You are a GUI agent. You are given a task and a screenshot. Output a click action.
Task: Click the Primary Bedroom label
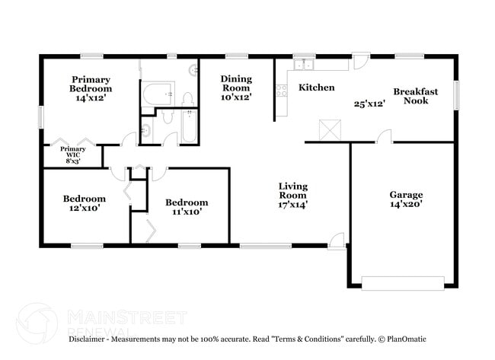pyautogui.click(x=91, y=88)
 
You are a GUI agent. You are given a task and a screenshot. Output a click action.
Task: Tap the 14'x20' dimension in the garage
pyautogui.click(x=406, y=204)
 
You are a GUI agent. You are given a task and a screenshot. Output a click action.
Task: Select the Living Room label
pyautogui.click(x=293, y=195)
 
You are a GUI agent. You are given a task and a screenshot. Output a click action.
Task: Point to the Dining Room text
pyautogui.click(x=236, y=88)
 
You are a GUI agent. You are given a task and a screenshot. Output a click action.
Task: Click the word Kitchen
pyautogui.click(x=316, y=88)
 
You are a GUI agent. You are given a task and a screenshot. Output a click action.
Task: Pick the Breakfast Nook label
pyautogui.click(x=415, y=96)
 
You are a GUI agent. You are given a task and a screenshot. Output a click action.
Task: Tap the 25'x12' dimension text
pyautogui.click(x=369, y=104)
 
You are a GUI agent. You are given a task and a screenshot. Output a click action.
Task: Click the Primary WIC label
pyautogui.click(x=73, y=155)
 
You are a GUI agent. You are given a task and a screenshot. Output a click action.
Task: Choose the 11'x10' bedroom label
pyautogui.click(x=187, y=207)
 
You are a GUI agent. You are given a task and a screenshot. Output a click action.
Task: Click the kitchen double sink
pyautogui.click(x=304, y=63)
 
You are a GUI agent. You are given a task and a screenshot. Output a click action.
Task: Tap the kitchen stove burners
pyautogui.click(x=282, y=91)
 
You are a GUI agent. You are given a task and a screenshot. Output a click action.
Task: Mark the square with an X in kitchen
pyautogui.click(x=329, y=129)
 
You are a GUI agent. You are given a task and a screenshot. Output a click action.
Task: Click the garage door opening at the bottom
pyautogui.click(x=402, y=284)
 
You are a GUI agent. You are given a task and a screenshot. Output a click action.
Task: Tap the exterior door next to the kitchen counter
pyautogui.click(x=361, y=60)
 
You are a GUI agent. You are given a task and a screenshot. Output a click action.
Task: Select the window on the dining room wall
pyautogui.click(x=236, y=56)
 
